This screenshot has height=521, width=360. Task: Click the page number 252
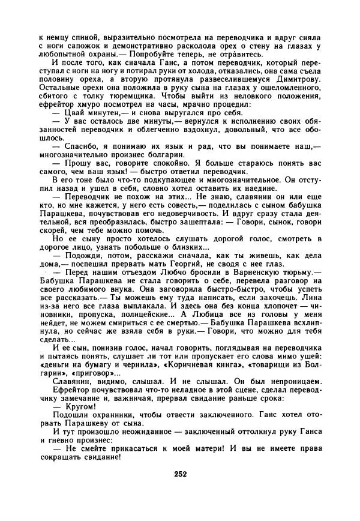tap(181, 474)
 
